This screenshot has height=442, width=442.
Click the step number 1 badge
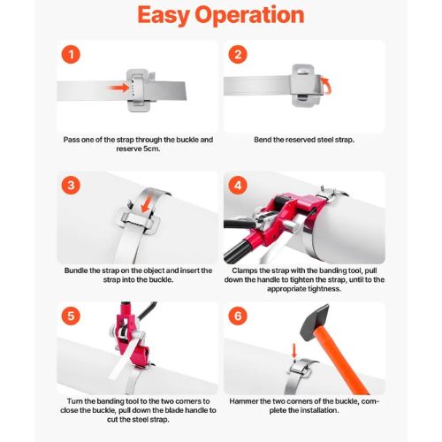click(71, 55)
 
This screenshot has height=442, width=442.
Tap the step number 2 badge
click(238, 55)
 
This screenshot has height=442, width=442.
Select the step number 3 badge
click(71, 186)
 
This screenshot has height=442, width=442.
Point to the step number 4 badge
click(238, 186)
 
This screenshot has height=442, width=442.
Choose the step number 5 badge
click(71, 316)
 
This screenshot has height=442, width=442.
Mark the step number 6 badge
click(238, 316)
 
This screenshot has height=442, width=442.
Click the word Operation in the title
click(250, 16)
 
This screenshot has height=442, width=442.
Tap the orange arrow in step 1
click(118, 88)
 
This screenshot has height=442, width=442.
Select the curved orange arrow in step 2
click(327, 86)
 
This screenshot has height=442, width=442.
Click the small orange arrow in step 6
click(293, 352)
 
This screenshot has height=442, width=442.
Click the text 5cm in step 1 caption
click(152, 149)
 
